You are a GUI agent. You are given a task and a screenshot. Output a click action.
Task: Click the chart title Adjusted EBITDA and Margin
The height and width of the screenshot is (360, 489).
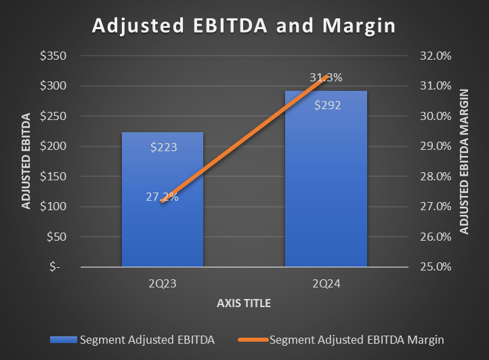(x=243, y=25)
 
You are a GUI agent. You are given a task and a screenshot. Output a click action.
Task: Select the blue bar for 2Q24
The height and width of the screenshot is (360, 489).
(x=326, y=203)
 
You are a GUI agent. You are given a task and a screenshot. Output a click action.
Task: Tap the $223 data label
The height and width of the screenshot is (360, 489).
(x=163, y=146)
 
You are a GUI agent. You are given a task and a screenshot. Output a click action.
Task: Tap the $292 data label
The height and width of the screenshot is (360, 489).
(x=326, y=105)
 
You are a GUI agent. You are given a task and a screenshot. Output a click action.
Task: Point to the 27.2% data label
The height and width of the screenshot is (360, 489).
(x=162, y=197)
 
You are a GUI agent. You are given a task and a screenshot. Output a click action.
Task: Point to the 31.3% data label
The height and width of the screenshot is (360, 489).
(x=326, y=78)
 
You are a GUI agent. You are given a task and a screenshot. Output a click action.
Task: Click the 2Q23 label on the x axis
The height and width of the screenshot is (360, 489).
(x=162, y=283)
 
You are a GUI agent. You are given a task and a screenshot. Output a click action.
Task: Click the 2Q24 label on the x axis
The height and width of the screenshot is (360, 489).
(x=326, y=283)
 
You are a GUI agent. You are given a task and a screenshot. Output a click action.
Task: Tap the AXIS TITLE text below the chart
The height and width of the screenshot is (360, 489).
(x=244, y=303)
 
